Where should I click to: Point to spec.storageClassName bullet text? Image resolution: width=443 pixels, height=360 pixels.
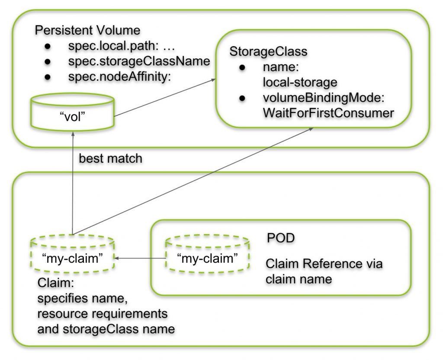pos(139,61)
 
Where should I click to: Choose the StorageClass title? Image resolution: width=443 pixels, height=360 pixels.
pos(268,51)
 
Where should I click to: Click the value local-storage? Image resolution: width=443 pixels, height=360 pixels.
pos(300,82)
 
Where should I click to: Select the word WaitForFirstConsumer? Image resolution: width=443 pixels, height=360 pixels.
pos(328,113)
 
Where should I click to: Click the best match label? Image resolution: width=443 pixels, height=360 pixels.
pos(110,158)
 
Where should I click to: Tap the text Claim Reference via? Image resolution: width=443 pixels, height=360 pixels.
pos(324,264)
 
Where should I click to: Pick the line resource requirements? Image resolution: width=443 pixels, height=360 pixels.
pos(103,313)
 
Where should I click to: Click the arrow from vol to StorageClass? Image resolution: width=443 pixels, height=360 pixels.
pos(164,98)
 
